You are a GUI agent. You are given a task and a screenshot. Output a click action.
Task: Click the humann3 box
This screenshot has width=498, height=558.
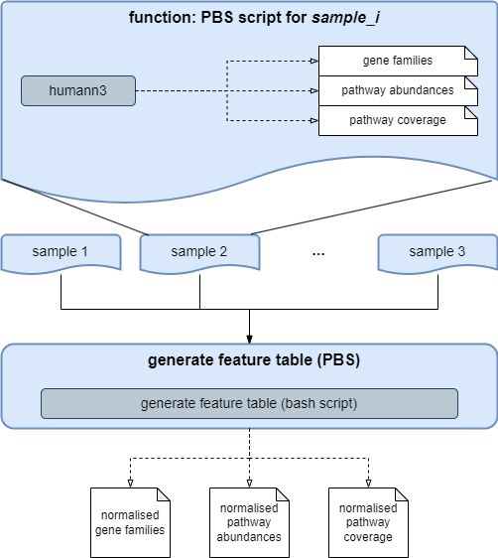tap(78, 91)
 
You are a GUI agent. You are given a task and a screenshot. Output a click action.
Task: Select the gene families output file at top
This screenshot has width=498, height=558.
tap(396, 61)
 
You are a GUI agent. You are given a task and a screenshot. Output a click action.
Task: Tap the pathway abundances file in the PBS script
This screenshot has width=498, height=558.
tap(396, 90)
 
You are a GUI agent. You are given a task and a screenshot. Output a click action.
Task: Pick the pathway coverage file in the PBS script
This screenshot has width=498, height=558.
tap(396, 120)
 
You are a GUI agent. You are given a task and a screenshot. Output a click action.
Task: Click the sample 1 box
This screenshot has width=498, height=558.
tap(61, 251)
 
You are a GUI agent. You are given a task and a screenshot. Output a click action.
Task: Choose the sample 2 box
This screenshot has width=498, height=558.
tap(199, 251)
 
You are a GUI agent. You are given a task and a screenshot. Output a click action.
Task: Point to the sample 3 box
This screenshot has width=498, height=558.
tap(437, 251)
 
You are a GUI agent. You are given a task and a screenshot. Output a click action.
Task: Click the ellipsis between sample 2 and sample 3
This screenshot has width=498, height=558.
tap(318, 253)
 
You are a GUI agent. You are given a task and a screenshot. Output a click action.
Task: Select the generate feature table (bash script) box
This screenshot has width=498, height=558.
tap(249, 403)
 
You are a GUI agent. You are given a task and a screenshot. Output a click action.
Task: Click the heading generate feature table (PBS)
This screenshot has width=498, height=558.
tap(249, 360)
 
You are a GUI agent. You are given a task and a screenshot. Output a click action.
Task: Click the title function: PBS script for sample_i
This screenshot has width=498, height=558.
tap(248, 18)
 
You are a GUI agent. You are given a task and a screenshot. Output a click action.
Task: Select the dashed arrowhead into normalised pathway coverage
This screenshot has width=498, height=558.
tap(368, 483)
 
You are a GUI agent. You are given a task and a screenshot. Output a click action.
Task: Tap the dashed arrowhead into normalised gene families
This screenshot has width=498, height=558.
tap(130, 483)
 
